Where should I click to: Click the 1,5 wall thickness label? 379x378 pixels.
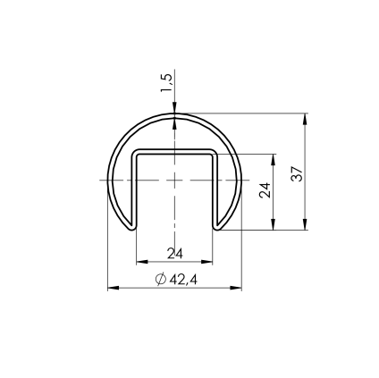[x=166, y=82]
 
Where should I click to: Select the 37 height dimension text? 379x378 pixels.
[x=298, y=173]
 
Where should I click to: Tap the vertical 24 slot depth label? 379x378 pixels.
[x=265, y=190]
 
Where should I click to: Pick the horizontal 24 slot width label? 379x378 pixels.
[x=174, y=254]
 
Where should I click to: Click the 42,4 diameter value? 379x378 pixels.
[x=183, y=280]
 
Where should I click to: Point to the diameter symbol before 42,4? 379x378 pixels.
[x=161, y=280]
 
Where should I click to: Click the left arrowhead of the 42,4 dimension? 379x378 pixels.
[x=114, y=288]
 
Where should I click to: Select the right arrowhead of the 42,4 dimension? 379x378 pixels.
[x=236, y=288]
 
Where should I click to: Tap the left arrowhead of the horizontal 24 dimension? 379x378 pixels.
[x=142, y=262]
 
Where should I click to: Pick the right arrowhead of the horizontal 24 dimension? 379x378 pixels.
[x=206, y=262]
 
